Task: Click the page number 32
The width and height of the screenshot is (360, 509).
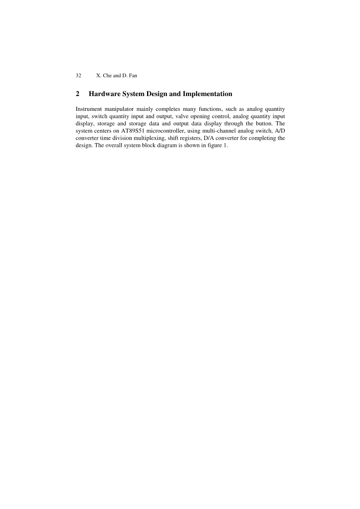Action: pos(78,75)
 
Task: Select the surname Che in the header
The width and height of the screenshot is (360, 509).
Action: pos(107,75)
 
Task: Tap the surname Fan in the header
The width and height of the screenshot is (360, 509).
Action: pos(133,75)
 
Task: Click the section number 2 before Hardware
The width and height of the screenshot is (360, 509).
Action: pos(77,94)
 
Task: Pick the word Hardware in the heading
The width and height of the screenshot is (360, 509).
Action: pos(103,94)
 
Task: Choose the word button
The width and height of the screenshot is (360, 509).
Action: pos(263,124)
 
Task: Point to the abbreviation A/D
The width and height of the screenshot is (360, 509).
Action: pos(280,131)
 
